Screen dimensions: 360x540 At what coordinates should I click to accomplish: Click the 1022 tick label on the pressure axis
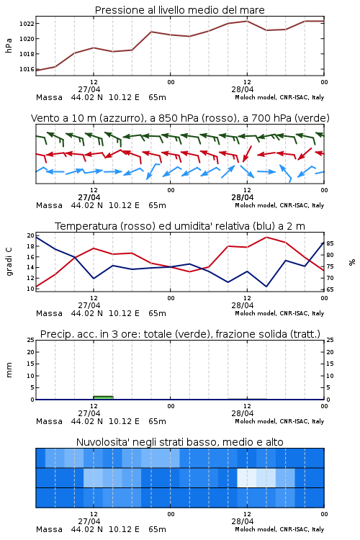point(27,24)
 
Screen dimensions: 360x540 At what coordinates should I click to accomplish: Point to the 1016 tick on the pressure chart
point(27,69)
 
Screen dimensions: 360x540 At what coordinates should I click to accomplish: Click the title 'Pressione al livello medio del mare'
point(180,10)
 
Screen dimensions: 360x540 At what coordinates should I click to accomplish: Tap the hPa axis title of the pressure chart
point(9,45)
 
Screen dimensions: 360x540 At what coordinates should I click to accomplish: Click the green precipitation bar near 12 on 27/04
point(104,397)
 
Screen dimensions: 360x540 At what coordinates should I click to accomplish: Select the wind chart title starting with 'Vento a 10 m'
point(180,118)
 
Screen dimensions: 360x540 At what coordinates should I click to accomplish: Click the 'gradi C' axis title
point(9,262)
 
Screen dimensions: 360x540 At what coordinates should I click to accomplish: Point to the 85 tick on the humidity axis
point(330,243)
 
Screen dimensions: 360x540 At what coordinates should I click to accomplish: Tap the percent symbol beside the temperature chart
point(352,262)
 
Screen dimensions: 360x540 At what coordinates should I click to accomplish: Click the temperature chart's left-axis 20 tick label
point(31,235)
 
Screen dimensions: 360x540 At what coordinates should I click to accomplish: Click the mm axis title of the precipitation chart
point(9,370)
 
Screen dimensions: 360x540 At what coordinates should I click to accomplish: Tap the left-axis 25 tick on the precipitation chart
point(31,341)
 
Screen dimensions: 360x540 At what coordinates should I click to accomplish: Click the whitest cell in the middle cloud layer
point(247,477)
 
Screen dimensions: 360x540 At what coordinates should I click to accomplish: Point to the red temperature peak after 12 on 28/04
point(266,238)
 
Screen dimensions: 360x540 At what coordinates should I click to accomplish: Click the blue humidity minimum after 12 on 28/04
point(266,286)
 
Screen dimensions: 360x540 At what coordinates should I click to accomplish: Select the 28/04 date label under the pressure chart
point(243,89)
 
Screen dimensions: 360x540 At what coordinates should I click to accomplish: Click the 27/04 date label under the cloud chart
point(89,521)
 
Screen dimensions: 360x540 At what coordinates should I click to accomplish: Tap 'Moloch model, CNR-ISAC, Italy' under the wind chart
point(279,206)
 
